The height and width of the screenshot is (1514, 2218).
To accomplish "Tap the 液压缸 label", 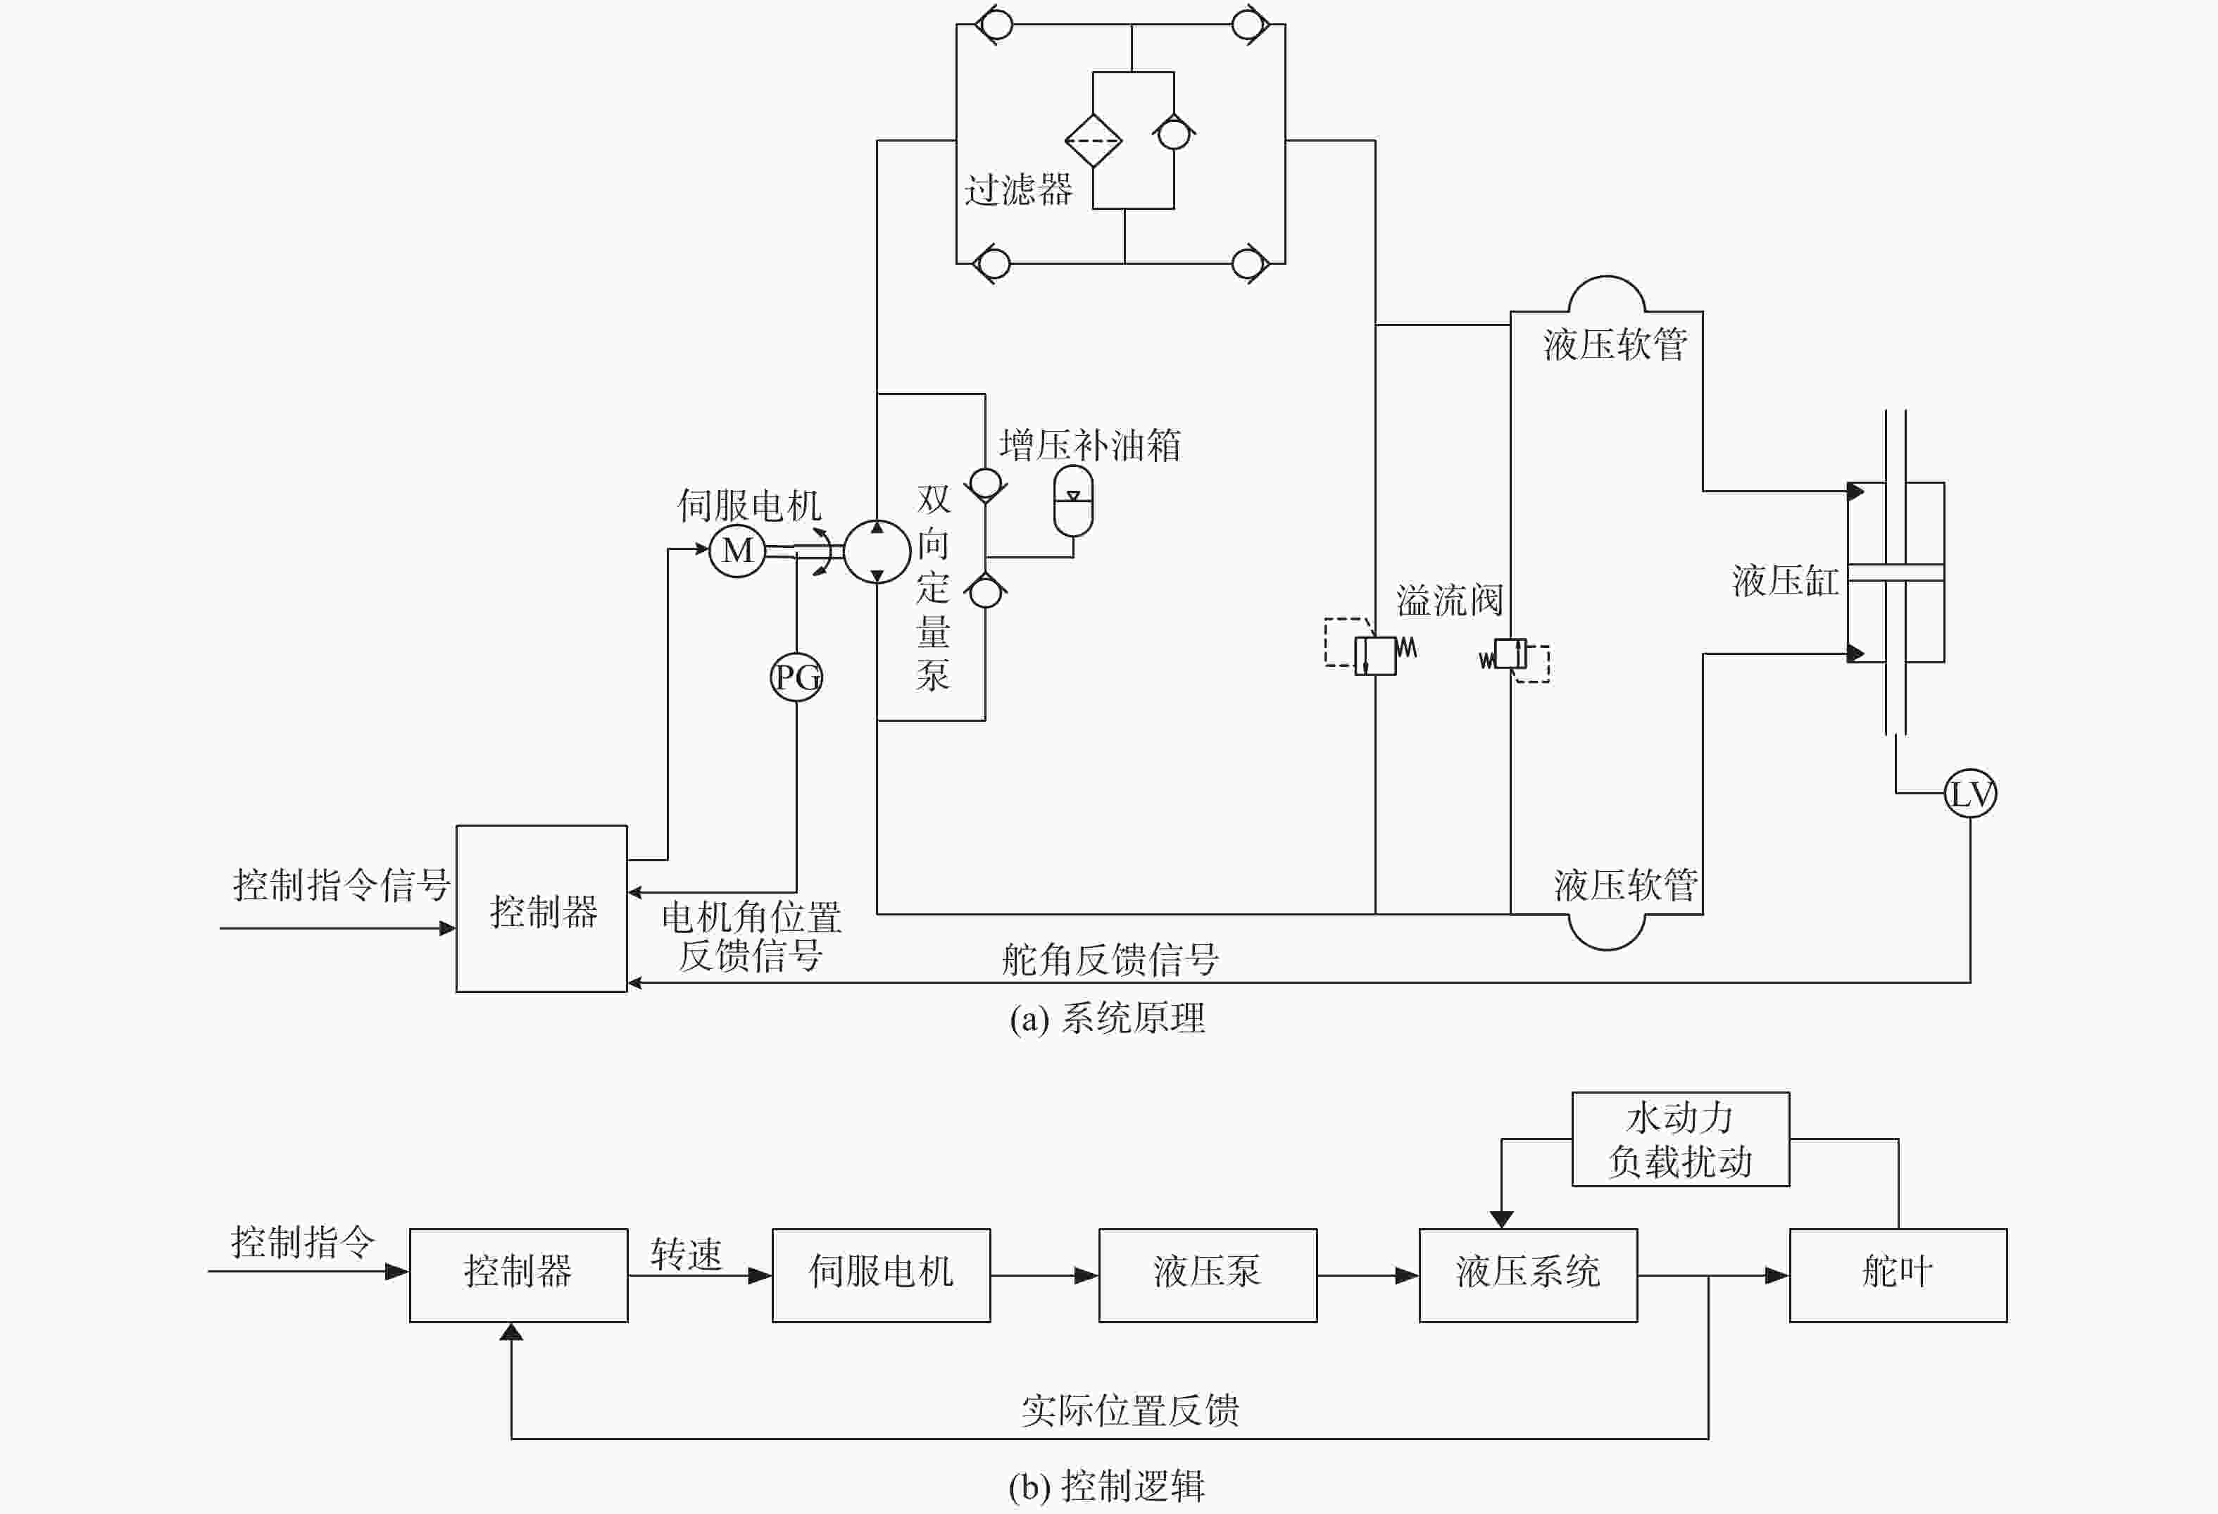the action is pyautogui.click(x=1786, y=580).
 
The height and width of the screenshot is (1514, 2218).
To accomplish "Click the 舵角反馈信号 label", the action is pyautogui.click(x=1110, y=959).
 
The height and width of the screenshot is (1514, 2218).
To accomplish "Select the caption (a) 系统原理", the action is pyautogui.click(x=1107, y=1018).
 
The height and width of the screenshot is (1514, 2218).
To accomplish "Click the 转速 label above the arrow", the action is pyautogui.click(x=687, y=1253).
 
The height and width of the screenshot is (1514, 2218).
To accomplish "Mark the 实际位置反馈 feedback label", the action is pyautogui.click(x=1130, y=1410).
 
